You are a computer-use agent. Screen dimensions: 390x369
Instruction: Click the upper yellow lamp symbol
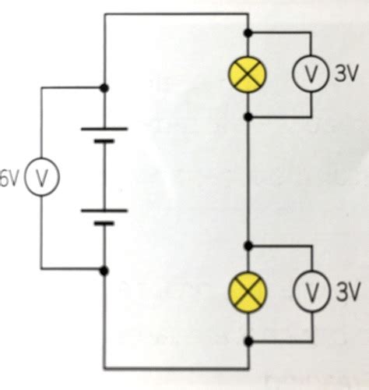click(248, 75)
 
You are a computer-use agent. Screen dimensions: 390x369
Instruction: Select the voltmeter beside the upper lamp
click(310, 75)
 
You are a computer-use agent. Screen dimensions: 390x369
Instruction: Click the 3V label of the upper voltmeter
click(346, 75)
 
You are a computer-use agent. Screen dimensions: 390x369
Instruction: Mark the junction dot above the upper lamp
click(248, 33)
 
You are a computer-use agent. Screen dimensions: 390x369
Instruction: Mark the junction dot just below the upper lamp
click(248, 117)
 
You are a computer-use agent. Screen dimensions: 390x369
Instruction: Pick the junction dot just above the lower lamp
click(248, 243)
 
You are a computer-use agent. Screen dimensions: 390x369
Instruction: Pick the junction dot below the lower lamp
click(248, 341)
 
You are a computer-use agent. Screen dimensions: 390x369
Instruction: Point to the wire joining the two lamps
click(248, 179)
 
